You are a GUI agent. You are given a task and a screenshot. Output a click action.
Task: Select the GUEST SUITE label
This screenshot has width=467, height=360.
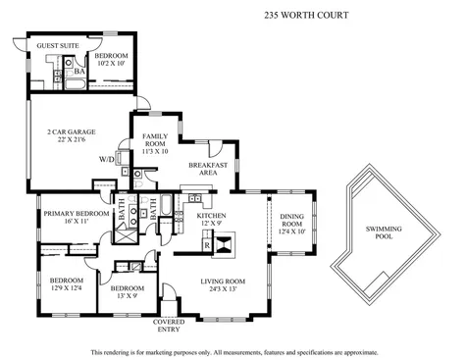coord(57,45)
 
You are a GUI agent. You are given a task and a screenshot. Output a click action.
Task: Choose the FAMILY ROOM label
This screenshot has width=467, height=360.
coord(156,137)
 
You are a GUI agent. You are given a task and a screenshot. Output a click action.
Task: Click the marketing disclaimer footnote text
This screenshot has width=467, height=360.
coord(233,351)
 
